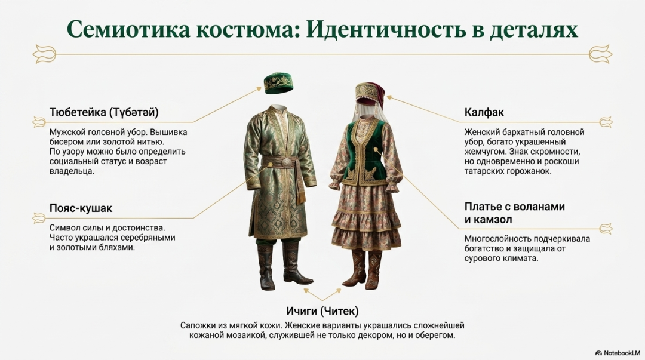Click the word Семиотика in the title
coord(128,29)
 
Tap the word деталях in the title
coord(533,30)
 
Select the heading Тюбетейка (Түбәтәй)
coord(104,112)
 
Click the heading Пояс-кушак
coord(81,208)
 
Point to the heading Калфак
coord(484,112)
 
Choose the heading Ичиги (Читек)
coord(322,311)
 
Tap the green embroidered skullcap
coord(279,82)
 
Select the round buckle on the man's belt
coord(284,162)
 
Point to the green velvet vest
coord(367,153)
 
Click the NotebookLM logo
coord(618,353)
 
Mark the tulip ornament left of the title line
coord(44,54)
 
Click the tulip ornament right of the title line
coord(601,54)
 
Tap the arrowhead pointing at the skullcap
coord(259,88)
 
